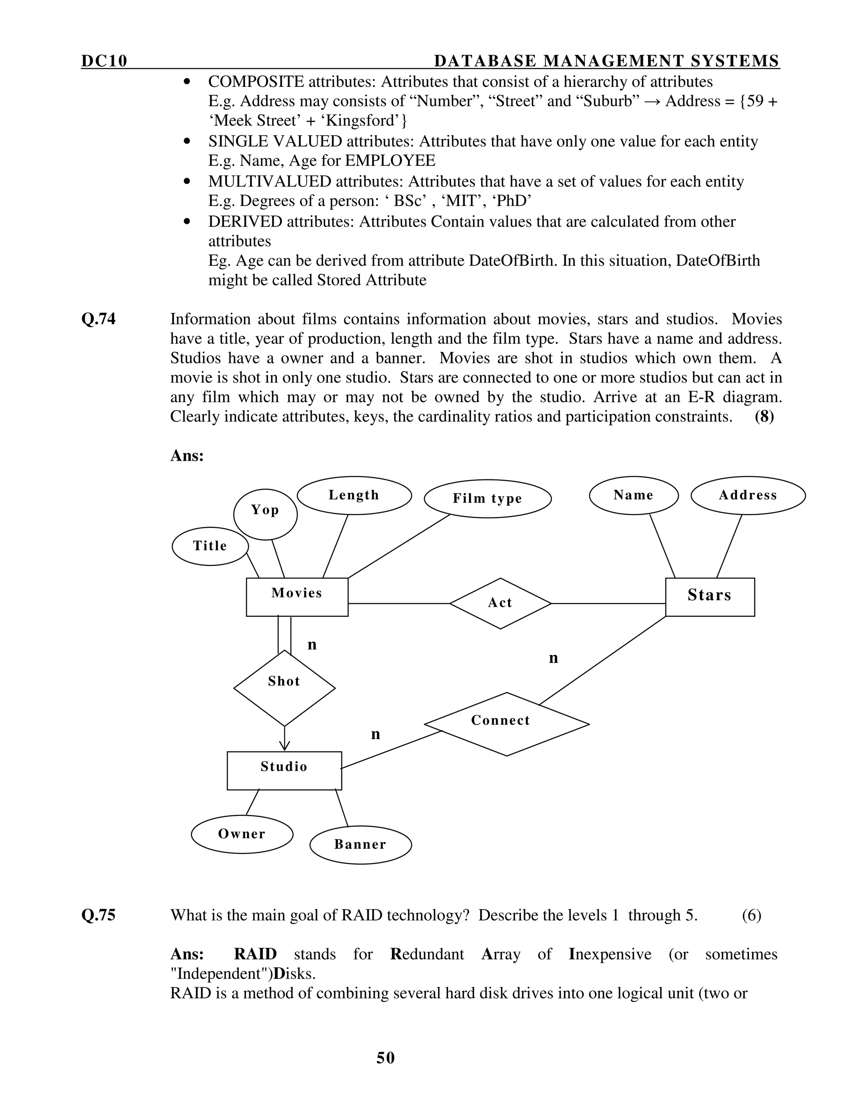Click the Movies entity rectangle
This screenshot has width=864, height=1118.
click(297, 597)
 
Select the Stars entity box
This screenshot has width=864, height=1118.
click(710, 597)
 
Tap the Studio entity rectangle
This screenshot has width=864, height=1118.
click(284, 770)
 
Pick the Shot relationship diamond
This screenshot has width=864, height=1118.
click(284, 688)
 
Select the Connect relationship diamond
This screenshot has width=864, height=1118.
click(506, 724)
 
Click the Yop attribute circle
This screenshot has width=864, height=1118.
click(265, 514)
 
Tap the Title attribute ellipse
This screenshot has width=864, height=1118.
click(210, 546)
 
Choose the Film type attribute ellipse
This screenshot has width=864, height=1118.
click(487, 499)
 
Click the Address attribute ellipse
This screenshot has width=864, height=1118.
click(748, 495)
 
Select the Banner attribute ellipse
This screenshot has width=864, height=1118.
click(360, 844)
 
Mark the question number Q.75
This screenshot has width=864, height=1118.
click(98, 915)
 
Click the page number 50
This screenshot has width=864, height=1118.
click(386, 1058)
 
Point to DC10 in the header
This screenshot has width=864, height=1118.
click(104, 61)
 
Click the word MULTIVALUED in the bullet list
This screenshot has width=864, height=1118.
click(270, 181)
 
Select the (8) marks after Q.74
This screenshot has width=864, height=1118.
click(764, 416)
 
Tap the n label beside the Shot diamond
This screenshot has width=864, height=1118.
click(312, 645)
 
